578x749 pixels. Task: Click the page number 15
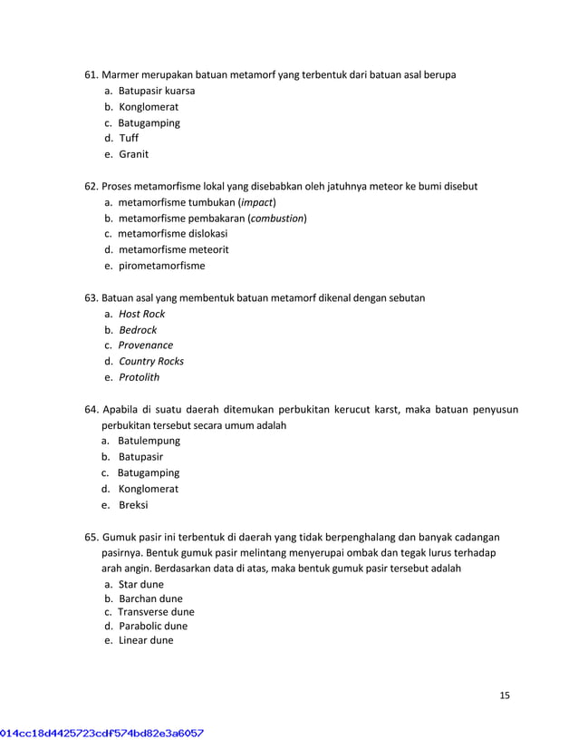tap(505, 695)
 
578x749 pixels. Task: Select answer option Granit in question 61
tap(134, 154)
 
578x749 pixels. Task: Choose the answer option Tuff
tap(129, 139)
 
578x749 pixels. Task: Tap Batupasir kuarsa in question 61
tap(156, 91)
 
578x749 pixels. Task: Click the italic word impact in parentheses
tap(257, 202)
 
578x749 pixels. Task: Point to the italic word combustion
tap(277, 219)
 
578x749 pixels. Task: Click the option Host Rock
tap(142, 314)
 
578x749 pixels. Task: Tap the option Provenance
tap(146, 345)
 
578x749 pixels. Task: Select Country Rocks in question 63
tap(151, 361)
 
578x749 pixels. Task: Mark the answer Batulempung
tap(149, 441)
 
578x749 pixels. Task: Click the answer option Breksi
tap(133, 505)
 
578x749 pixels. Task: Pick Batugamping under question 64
tap(149, 472)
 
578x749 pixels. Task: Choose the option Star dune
tap(141, 585)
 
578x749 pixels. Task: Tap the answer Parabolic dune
tap(153, 626)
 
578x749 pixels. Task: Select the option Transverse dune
tap(156, 612)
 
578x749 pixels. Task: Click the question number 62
tap(91, 186)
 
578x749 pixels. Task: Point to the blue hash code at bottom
tap(101, 732)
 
